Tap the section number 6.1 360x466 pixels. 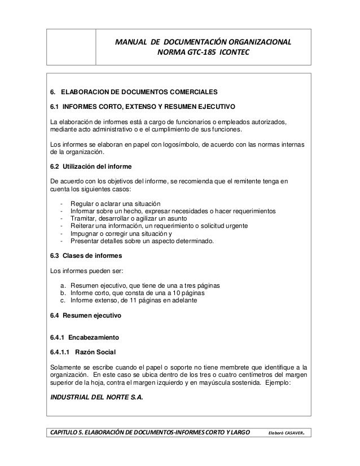(x=55, y=106)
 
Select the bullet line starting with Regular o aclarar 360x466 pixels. (x=115, y=204)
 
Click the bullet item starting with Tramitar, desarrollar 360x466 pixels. (x=129, y=219)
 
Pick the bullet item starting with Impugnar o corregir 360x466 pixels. (x=121, y=234)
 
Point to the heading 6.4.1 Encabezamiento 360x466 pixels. (x=84, y=338)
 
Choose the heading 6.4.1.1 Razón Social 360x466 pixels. (x=83, y=353)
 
